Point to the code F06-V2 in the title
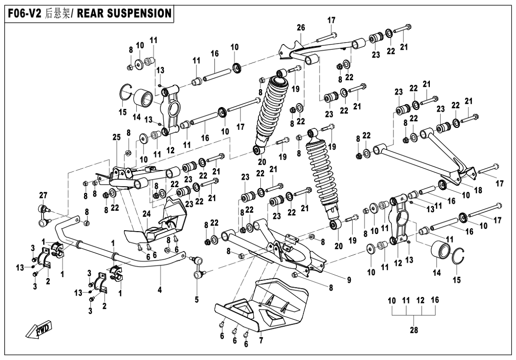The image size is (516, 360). tap(25, 14)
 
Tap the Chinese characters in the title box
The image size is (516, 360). tap(57, 14)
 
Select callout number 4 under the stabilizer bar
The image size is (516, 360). tap(160, 290)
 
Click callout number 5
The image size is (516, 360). tap(197, 300)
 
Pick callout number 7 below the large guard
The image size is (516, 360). tap(261, 341)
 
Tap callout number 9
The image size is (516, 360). tap(349, 280)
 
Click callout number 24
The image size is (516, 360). tap(146, 215)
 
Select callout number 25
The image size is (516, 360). tap(117, 137)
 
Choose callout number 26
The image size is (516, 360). tap(301, 27)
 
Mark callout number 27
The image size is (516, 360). tap(43, 195)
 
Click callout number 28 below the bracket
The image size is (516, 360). tap(414, 330)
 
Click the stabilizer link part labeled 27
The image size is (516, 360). tap(44, 216)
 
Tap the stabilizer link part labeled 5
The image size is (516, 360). tap(197, 268)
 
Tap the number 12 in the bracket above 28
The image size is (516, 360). tap(421, 300)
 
